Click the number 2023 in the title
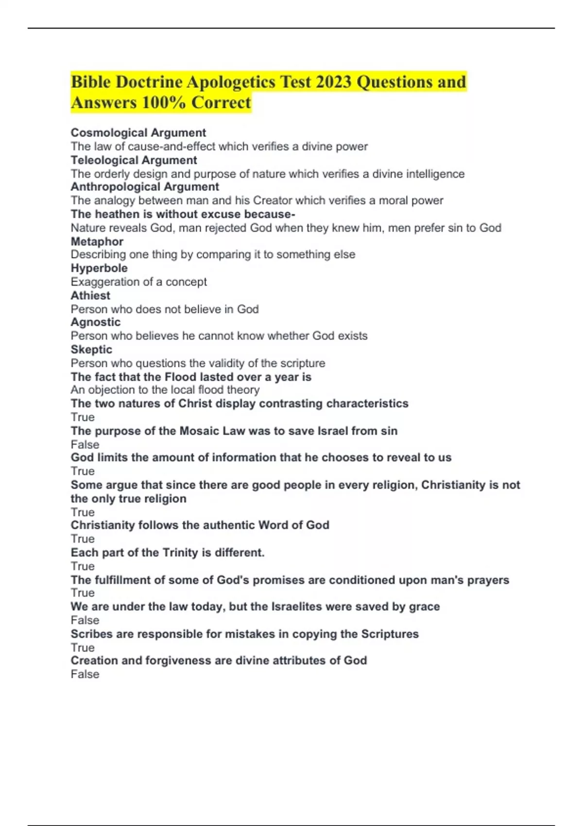pos(333,82)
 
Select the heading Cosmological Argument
pos(138,133)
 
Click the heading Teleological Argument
pos(134,160)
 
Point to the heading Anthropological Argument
pos(145,187)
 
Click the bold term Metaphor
pos(97,241)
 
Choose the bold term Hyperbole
pos(99,268)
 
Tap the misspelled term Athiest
pos(90,295)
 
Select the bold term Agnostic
pos(96,322)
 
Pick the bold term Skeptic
pos(91,350)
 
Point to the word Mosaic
pos(200,431)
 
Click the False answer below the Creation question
pos(85,674)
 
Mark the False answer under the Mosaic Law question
pos(85,445)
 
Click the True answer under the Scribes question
pos(83,648)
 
